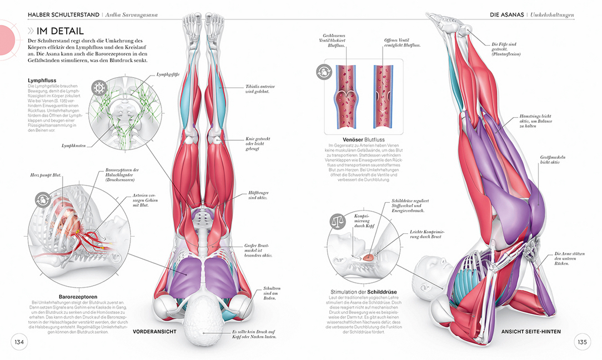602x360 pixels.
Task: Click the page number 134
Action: click(19, 342)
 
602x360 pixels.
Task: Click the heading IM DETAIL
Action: click(60, 31)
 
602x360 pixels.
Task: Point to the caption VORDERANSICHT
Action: click(154, 332)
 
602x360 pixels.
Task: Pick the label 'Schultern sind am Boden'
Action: click(272, 293)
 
